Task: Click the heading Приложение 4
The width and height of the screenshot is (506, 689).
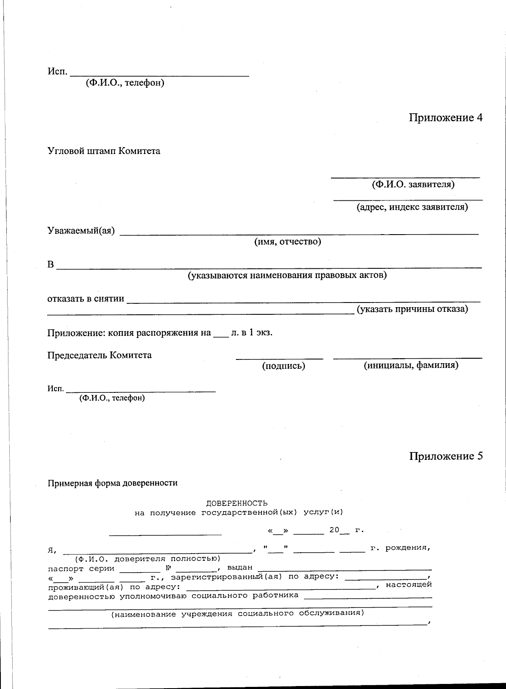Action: [x=445, y=118]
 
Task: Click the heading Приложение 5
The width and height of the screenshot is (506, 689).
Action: [x=445, y=456]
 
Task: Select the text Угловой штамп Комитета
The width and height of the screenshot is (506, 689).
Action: [x=104, y=151]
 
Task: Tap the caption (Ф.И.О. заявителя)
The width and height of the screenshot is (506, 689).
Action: [x=413, y=184]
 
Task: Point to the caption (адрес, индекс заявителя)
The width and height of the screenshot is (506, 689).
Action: [x=412, y=207]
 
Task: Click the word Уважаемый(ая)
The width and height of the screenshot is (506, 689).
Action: [x=81, y=231]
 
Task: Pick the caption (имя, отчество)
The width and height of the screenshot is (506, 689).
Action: [x=287, y=241]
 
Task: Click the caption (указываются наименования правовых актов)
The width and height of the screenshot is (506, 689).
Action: [x=287, y=276]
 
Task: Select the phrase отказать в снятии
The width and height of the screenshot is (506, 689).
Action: [x=86, y=299]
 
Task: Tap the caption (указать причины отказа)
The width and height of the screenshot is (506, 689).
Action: [x=412, y=309]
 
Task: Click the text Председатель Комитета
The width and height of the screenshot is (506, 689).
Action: [x=100, y=355]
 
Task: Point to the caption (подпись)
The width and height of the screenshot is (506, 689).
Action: [x=283, y=366]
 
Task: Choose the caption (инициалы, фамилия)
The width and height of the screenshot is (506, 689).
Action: [x=411, y=365]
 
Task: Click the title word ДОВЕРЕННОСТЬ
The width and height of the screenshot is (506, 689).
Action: [x=237, y=503]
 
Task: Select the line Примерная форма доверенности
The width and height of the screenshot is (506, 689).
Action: [x=113, y=483]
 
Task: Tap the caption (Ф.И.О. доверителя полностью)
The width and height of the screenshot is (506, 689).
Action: [x=148, y=559]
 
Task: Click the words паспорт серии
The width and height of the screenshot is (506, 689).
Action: [x=81, y=568]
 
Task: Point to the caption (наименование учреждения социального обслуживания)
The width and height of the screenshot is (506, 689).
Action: [x=237, y=613]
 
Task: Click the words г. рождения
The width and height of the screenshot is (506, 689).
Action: [x=400, y=548]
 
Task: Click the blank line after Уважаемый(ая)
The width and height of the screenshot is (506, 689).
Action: [x=299, y=233]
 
